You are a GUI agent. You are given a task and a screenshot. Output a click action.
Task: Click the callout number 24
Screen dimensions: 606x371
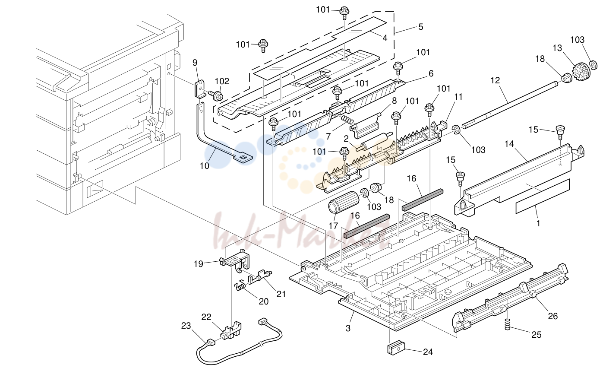pyautogui.click(x=428, y=352)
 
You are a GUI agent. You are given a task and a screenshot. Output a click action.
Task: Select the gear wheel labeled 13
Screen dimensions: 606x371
pyautogui.click(x=580, y=72)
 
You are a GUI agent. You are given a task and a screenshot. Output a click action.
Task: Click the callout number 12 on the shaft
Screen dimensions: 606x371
pyautogui.click(x=495, y=80)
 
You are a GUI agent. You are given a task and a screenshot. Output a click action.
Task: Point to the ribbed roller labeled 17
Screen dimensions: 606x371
pyautogui.click(x=344, y=203)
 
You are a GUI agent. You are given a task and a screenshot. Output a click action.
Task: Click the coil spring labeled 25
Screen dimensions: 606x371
pyautogui.click(x=508, y=324)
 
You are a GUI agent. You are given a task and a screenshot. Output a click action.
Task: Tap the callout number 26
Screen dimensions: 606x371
pyautogui.click(x=553, y=316)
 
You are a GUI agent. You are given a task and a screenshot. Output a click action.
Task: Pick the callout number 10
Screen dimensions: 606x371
pyautogui.click(x=204, y=166)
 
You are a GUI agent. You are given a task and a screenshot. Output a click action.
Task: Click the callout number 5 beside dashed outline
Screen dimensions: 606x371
pyautogui.click(x=421, y=27)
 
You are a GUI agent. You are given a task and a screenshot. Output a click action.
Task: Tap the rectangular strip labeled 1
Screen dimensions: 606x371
pyautogui.click(x=543, y=200)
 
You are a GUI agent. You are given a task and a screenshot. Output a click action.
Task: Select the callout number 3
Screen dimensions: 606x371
pyautogui.click(x=348, y=328)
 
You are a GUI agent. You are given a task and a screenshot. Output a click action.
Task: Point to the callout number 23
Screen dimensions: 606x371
pyautogui.click(x=186, y=326)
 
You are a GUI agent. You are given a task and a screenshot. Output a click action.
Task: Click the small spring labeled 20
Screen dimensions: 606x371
pyautogui.click(x=240, y=285)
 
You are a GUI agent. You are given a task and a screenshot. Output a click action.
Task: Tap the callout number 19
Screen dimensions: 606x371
pyautogui.click(x=198, y=264)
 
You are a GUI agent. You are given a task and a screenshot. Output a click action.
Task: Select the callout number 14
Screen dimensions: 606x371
pyautogui.click(x=509, y=143)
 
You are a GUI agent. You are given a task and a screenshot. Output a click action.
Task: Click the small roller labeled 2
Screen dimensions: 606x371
pyautogui.click(x=374, y=143)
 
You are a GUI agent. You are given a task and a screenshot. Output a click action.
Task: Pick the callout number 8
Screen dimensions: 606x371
pyautogui.click(x=394, y=101)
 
